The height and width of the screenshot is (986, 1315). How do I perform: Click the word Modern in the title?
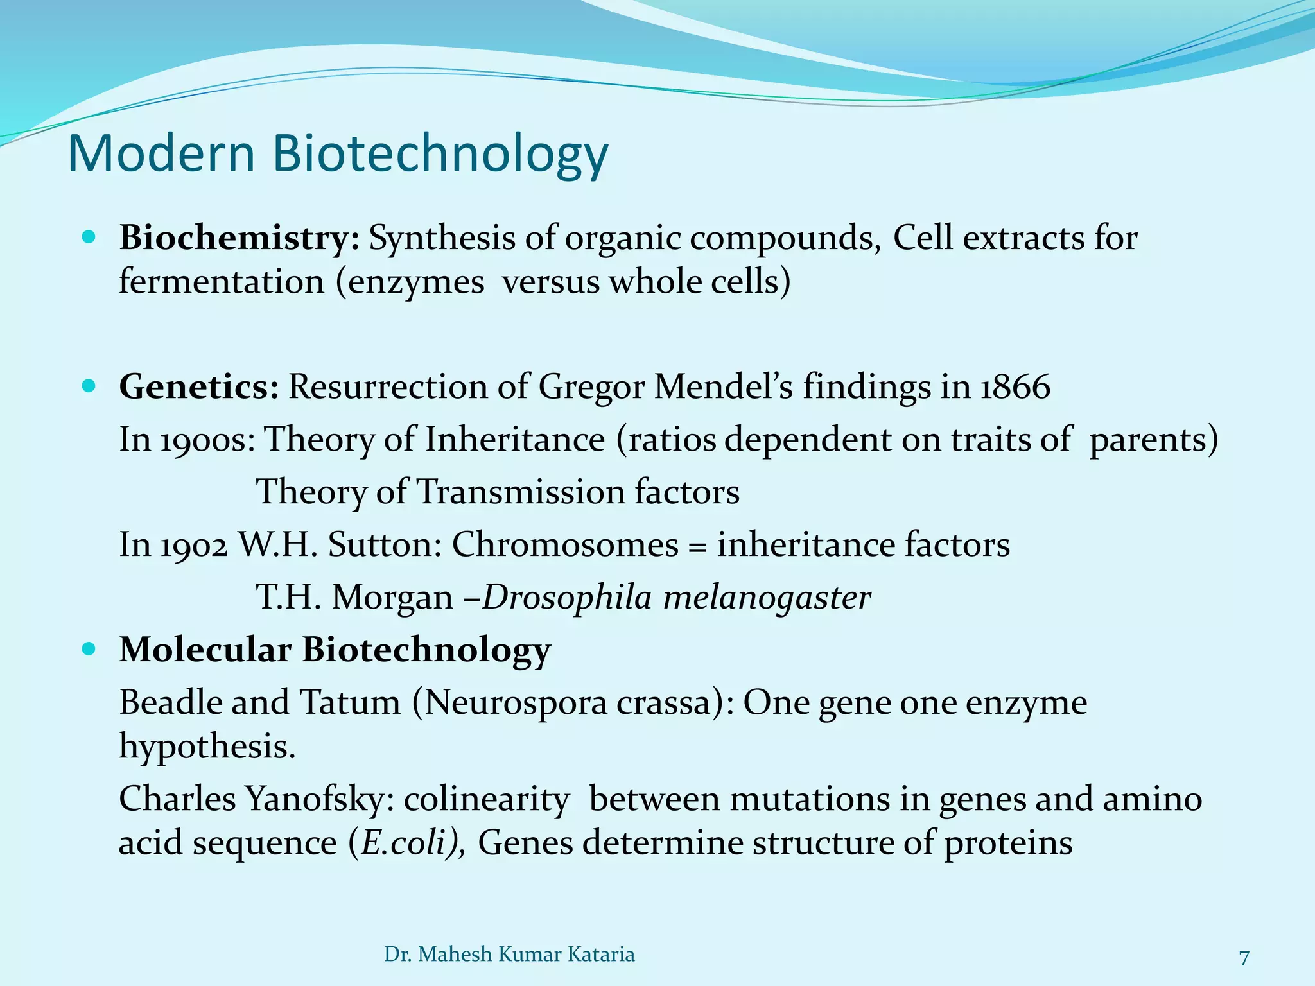click(x=161, y=154)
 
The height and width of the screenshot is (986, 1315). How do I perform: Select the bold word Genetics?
click(x=199, y=387)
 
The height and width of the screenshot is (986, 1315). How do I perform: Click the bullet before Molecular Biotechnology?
click(x=89, y=649)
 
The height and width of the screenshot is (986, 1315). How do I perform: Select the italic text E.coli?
click(x=404, y=843)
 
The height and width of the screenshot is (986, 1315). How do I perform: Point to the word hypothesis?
click(x=207, y=747)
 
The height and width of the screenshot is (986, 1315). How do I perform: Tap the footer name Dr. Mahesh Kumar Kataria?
click(x=509, y=955)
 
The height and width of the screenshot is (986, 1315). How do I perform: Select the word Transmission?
click(x=521, y=492)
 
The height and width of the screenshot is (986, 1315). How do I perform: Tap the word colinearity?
click(x=486, y=800)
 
